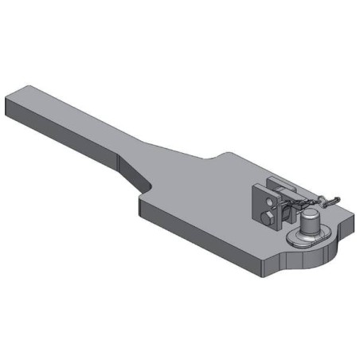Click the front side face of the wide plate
pos(207,239)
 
